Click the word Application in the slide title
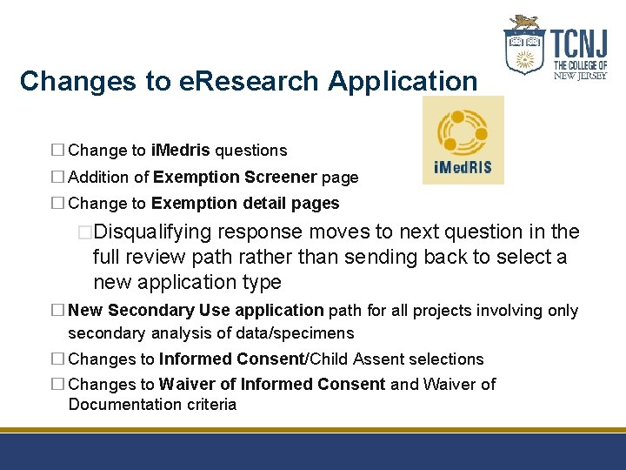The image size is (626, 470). (x=403, y=81)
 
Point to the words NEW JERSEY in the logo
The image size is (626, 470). (x=580, y=76)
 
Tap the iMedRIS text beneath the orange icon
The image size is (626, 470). (x=463, y=167)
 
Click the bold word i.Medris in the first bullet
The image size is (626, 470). (x=180, y=151)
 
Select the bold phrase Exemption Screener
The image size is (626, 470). (x=235, y=178)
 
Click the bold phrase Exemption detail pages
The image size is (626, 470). (x=245, y=204)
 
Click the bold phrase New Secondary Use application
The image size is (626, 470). (x=196, y=311)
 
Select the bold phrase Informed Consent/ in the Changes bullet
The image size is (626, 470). (x=233, y=359)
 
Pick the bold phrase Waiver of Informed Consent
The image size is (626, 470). (x=271, y=384)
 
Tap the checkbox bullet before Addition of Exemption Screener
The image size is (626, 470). (x=57, y=178)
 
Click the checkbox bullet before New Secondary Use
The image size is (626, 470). (x=57, y=311)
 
